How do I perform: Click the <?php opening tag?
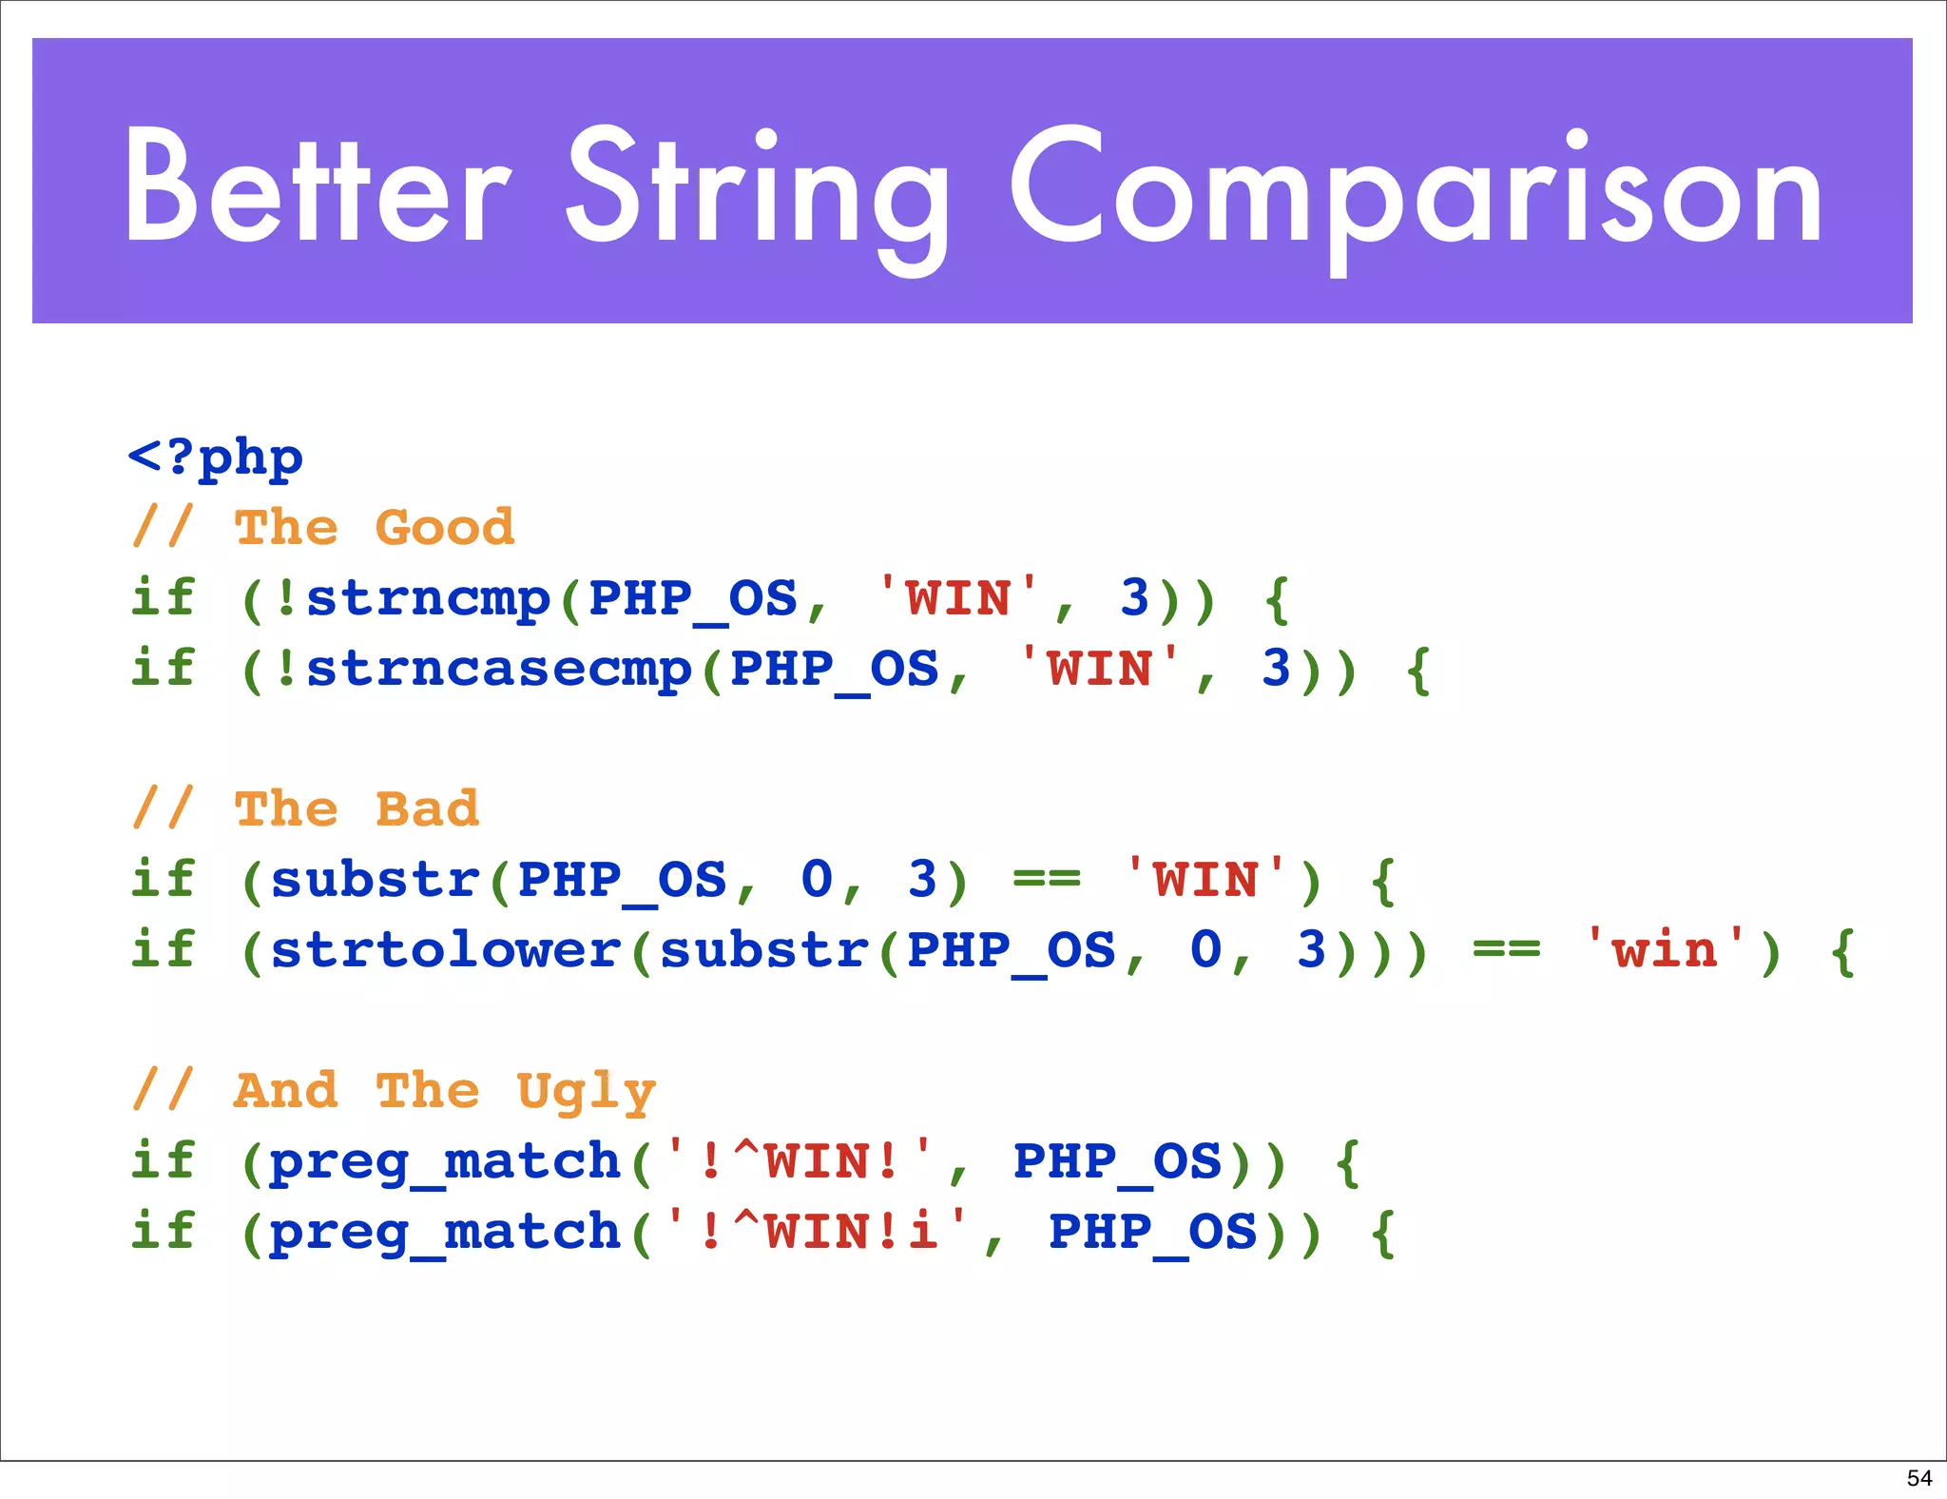click(x=216, y=457)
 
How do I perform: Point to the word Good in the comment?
click(x=445, y=528)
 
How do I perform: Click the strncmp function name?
click(x=428, y=599)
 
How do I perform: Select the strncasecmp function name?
click(x=499, y=670)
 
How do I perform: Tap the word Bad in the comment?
click(x=427, y=809)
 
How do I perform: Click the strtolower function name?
click(x=446, y=950)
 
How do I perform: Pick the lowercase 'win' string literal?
click(x=1665, y=950)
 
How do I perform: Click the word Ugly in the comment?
click(x=587, y=1091)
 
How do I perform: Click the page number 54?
click(x=1919, y=1478)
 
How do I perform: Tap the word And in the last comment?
click(x=286, y=1091)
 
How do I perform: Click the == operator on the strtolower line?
click(x=1506, y=950)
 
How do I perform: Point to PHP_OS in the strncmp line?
click(x=693, y=599)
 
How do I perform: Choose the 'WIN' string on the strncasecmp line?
click(x=1099, y=670)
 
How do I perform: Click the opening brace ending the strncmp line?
click(x=1278, y=599)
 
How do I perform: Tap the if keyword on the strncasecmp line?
click(x=164, y=670)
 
